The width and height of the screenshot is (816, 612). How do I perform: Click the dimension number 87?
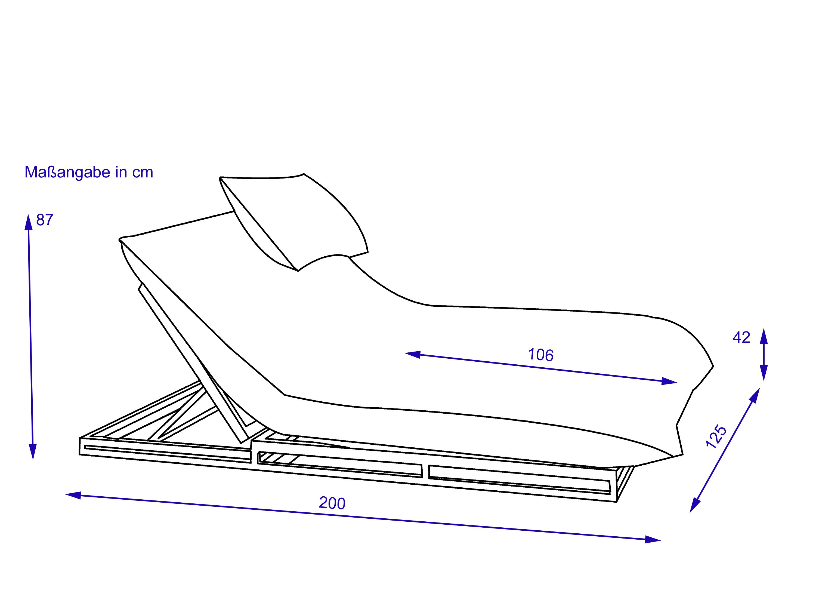(x=45, y=220)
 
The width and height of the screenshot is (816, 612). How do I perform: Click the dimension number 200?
(x=332, y=503)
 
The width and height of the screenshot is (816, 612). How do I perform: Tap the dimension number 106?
(x=541, y=355)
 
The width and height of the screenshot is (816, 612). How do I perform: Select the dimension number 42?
(x=741, y=337)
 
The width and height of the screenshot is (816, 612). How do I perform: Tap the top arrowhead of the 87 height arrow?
(x=28, y=222)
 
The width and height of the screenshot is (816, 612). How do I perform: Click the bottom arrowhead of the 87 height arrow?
(x=33, y=452)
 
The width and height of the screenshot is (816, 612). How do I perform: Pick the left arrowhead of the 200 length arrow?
(x=73, y=495)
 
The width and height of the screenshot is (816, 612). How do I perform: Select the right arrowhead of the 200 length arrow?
(x=653, y=540)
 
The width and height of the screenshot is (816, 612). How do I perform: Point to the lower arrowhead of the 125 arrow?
(x=695, y=505)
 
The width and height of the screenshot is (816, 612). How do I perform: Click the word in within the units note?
(x=121, y=172)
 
